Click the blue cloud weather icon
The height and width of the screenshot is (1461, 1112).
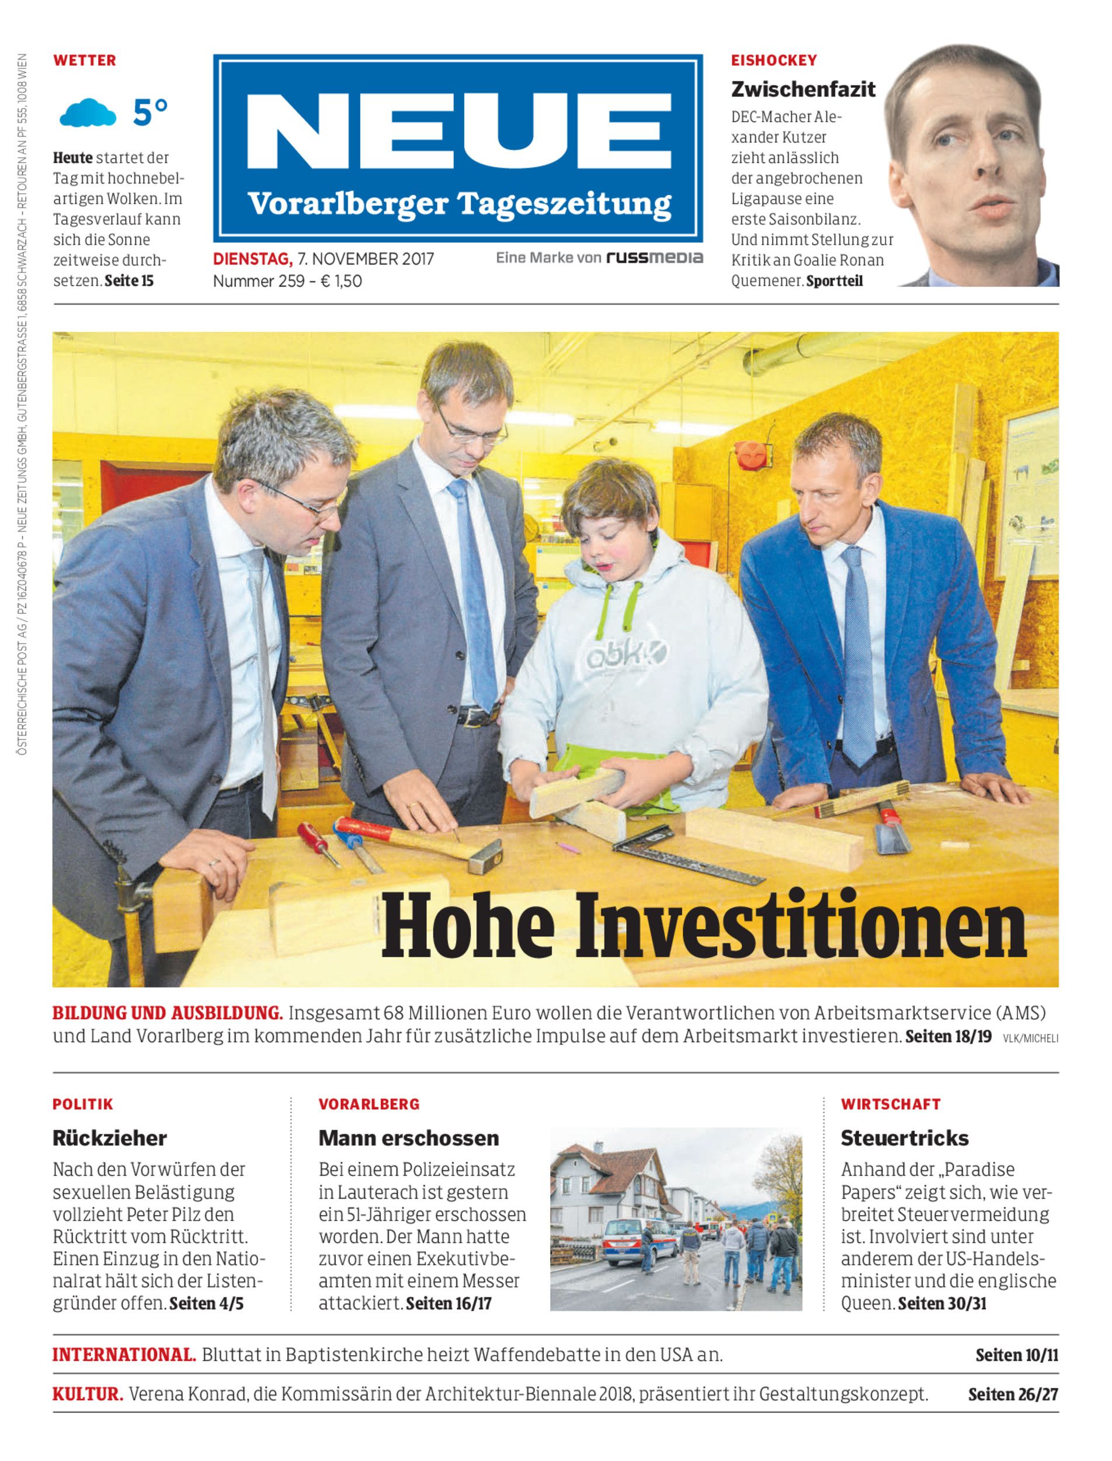(88, 113)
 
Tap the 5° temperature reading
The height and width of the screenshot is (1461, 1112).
(150, 112)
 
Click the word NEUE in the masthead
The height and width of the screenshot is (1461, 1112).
(458, 131)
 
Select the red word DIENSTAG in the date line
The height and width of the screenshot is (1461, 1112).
(252, 259)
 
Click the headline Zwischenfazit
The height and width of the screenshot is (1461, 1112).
(803, 89)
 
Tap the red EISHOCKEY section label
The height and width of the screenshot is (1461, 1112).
(774, 60)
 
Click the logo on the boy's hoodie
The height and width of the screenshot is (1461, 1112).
(625, 656)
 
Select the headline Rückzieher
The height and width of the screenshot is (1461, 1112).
(109, 1138)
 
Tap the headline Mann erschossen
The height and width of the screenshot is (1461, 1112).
(408, 1138)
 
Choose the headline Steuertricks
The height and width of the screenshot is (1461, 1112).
(904, 1138)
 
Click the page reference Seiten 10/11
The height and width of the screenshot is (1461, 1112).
(1017, 1355)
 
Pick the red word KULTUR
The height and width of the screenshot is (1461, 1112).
(88, 1394)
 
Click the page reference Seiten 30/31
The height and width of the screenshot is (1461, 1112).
(942, 1303)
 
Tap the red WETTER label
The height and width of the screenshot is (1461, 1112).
(85, 60)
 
